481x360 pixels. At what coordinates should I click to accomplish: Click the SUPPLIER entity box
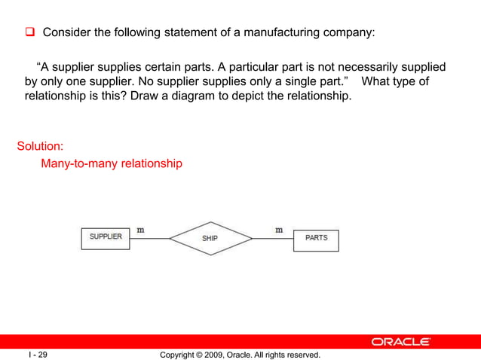(106, 237)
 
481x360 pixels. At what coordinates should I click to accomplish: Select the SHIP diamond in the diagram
(210, 239)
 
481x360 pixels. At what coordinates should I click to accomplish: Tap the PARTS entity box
(316, 239)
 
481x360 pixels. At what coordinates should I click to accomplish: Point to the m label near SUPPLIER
(140, 230)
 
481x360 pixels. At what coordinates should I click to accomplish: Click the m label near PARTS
(279, 230)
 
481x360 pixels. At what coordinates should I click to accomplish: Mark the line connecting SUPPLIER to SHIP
(149, 239)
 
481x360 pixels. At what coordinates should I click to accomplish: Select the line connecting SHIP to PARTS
(272, 239)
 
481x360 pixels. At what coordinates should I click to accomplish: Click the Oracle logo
(401, 341)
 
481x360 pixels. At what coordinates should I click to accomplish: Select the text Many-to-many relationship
(111, 163)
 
